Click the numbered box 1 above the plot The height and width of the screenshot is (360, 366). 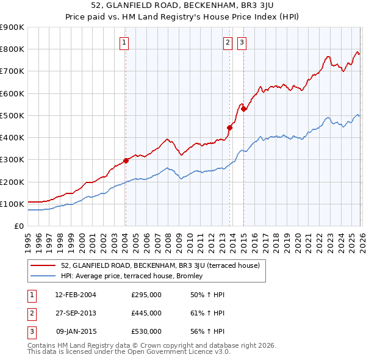point(124,43)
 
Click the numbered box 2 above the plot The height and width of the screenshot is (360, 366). point(228,43)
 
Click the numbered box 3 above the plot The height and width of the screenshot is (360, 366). point(242,43)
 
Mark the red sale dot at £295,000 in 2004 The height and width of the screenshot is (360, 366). point(126,160)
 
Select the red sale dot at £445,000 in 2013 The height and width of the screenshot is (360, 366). point(230,128)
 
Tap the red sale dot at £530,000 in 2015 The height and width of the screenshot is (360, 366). point(243,109)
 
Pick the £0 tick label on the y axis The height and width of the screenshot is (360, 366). point(19,226)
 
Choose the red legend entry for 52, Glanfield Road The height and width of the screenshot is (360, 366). point(160,265)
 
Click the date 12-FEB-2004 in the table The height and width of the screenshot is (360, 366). point(76,295)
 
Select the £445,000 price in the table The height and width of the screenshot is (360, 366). point(146,313)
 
